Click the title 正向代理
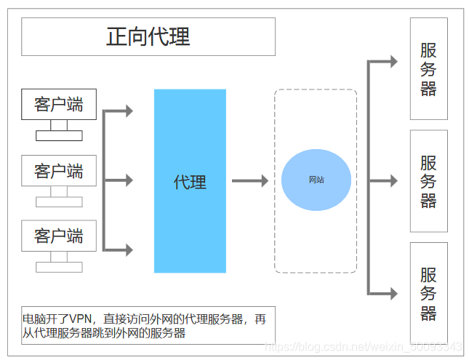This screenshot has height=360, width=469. pos(148,36)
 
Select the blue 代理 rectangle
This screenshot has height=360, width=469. pos(190,181)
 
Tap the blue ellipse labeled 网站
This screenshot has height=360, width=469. pos(316,180)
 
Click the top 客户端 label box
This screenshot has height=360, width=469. pos(58,105)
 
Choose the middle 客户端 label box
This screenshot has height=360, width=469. pos(58,172)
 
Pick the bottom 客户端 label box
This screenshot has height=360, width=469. pos(58,236)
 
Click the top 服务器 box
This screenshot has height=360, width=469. pos(428,69)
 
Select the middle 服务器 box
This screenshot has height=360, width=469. pos(428,181)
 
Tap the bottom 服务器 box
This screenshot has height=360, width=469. pos(428,293)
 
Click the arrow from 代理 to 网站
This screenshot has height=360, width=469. pos(250,181)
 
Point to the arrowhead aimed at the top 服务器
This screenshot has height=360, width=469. pos(393,62)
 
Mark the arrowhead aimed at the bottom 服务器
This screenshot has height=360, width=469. pos(393,294)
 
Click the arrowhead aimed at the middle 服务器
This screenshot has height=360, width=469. pos(393,180)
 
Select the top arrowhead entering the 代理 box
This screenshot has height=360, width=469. pos(129,111)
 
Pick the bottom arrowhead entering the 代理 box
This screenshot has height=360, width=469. pos(129,249)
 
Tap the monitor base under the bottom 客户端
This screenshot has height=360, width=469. pos(59,267)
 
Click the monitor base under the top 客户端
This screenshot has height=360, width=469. pos(59,135)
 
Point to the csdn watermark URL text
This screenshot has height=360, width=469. pos(364,347)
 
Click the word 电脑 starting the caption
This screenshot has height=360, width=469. pos(33,319)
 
